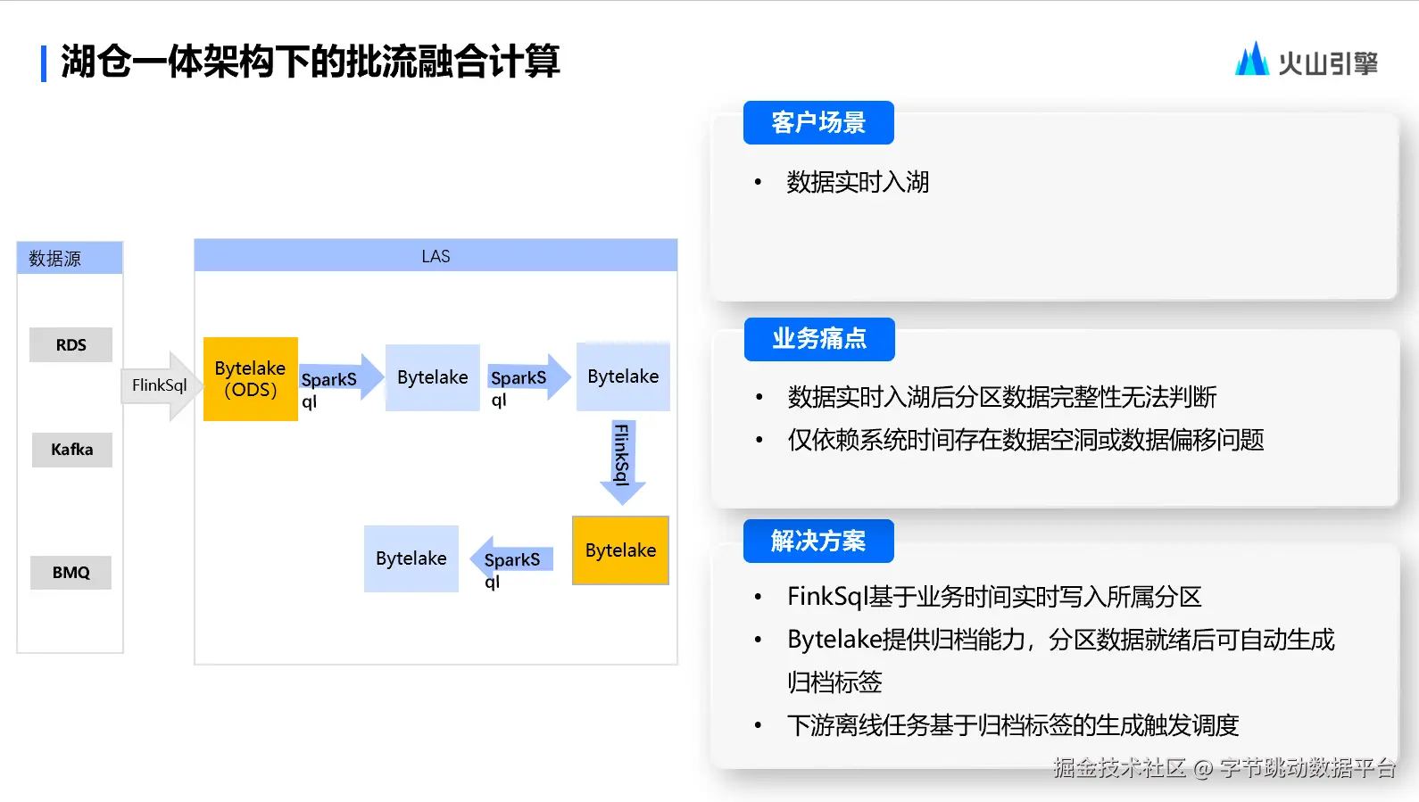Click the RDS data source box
[x=71, y=344]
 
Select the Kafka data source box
[x=71, y=450]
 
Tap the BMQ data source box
[x=71, y=573]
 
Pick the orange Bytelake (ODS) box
[x=250, y=379]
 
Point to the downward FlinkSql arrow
[x=622, y=459]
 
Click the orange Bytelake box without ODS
[x=620, y=550]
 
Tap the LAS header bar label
[x=436, y=256]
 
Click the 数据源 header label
[x=55, y=259]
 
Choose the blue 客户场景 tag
[x=818, y=123]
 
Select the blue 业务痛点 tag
[x=819, y=339]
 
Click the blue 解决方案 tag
[x=818, y=542]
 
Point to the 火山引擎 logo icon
[x=1251, y=60]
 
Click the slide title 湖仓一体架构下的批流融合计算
[x=310, y=62]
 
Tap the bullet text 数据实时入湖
[x=858, y=182]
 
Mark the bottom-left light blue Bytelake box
[x=411, y=558]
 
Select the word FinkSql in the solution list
[x=827, y=597]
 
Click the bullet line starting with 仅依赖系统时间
[x=1025, y=440]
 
